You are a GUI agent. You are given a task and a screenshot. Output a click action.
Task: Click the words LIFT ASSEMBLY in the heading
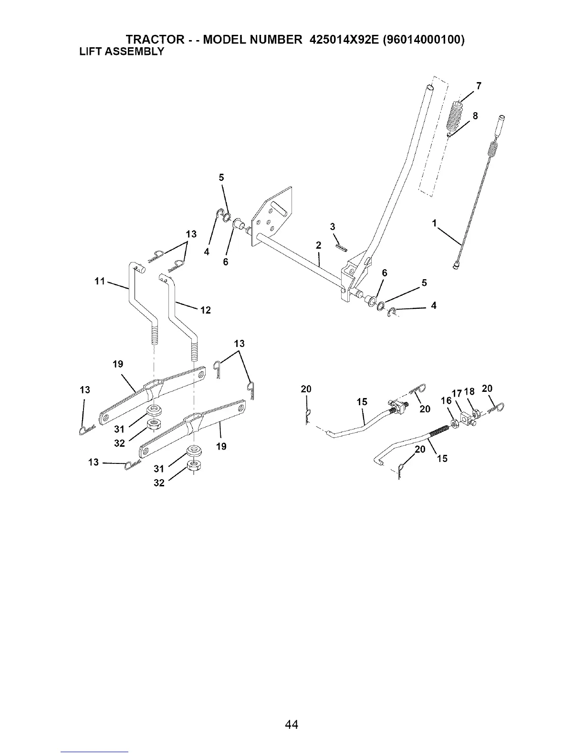[121, 51]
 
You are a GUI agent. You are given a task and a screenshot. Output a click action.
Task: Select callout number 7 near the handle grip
[478, 86]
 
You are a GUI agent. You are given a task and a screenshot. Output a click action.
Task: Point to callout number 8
[475, 116]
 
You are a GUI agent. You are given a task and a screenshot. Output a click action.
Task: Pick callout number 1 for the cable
[434, 223]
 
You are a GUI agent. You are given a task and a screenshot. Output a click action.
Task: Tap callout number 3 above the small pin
[333, 226]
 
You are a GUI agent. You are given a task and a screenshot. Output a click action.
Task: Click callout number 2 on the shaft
[318, 245]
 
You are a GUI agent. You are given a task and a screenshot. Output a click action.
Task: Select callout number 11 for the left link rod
[100, 281]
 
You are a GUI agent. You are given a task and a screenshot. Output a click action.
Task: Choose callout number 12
[205, 310]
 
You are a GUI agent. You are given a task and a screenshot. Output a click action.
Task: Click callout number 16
[446, 400]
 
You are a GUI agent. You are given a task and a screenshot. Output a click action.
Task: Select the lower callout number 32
[159, 483]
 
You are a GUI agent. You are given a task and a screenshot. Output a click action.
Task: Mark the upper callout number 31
[119, 430]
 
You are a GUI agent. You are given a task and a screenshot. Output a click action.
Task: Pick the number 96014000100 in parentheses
[424, 40]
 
